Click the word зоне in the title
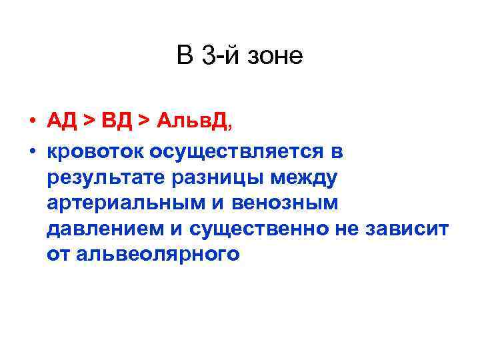[275, 56]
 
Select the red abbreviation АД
[63, 121]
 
